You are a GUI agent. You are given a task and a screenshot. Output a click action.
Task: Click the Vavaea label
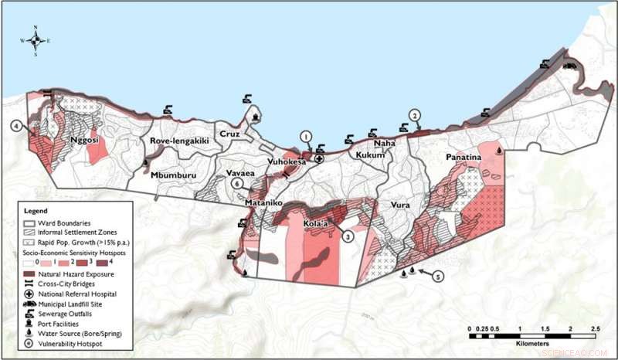pos(240,175)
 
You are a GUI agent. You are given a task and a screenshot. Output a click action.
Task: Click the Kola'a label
pos(315,224)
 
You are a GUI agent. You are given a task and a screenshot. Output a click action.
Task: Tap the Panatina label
pos(463,158)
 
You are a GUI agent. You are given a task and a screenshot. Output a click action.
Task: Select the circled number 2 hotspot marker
pos(415,115)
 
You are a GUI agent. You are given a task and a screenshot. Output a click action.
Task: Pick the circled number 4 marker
pos(15,125)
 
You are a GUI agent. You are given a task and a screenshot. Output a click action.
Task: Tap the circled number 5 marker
pos(439,276)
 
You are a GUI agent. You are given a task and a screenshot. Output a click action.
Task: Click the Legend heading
pos(36,211)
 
